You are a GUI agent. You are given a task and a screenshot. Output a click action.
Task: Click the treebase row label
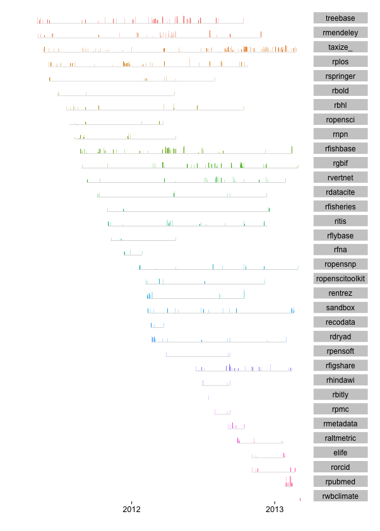coord(340,18)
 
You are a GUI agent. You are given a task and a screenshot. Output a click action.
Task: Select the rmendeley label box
coord(340,32)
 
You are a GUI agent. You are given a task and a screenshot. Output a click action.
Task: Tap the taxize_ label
coord(340,47)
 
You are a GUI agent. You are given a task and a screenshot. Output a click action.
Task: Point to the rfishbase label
coord(340,148)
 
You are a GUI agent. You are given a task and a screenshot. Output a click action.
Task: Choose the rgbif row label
coord(340,163)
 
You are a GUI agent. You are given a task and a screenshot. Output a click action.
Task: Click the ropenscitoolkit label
coord(340,279)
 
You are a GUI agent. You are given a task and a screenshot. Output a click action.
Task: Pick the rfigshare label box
coord(340,366)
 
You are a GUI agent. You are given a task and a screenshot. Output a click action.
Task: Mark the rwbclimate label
coord(340,496)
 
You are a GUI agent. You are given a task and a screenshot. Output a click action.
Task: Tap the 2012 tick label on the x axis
coord(131,509)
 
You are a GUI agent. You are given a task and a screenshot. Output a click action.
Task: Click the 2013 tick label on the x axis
coord(275,509)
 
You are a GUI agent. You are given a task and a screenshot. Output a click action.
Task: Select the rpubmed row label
coord(340,482)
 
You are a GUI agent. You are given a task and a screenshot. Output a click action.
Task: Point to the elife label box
coord(340,453)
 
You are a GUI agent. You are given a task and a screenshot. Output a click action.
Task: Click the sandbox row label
coord(340,308)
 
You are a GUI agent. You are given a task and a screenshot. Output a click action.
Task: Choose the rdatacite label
coord(340,192)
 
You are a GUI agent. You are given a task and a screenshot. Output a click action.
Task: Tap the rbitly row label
coord(340,395)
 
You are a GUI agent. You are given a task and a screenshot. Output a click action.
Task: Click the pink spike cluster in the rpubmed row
coord(288,483)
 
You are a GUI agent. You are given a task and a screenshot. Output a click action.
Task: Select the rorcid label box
coord(340,467)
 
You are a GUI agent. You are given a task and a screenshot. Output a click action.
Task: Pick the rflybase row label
coord(340,235)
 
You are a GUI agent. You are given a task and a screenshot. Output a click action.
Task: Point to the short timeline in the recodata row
coord(157,327)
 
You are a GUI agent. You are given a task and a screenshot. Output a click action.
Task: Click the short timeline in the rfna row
coord(133,254)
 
